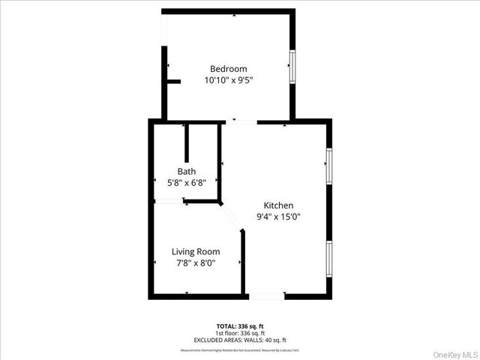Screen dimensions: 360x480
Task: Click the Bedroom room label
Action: pyautogui.click(x=228, y=69)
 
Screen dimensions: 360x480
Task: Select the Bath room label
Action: pyautogui.click(x=187, y=171)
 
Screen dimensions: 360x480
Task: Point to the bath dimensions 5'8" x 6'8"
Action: pyautogui.click(x=187, y=182)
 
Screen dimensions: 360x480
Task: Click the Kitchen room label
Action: pyautogui.click(x=278, y=205)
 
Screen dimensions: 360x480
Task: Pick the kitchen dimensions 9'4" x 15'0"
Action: pyautogui.click(x=278, y=217)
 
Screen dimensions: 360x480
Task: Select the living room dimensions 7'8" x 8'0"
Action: pyautogui.click(x=196, y=263)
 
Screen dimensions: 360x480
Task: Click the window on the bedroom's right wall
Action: pyautogui.click(x=293, y=66)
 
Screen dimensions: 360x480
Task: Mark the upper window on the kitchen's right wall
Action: pyautogui.click(x=328, y=165)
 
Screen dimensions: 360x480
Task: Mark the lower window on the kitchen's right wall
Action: pyautogui.click(x=328, y=259)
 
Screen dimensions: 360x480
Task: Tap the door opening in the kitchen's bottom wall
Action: pyautogui.click(x=267, y=296)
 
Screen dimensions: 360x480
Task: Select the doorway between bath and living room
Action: pyautogui.click(x=169, y=201)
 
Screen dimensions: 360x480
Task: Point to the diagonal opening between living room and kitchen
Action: pyautogui.click(x=231, y=217)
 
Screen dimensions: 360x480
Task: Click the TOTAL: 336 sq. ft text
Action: pyautogui.click(x=239, y=326)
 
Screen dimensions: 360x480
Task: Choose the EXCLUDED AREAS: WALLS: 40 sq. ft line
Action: pyautogui.click(x=239, y=338)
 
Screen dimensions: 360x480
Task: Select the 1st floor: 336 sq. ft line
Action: pyautogui.click(x=239, y=332)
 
